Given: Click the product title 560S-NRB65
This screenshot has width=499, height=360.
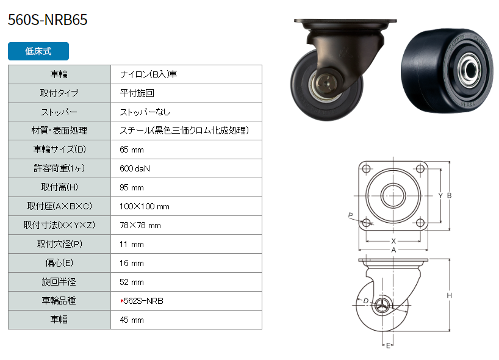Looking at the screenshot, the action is (48, 20).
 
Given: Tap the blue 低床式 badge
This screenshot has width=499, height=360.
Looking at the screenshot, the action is (38, 51).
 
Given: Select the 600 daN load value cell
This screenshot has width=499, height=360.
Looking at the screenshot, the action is (135, 168).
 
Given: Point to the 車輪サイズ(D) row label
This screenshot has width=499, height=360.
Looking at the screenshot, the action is (60, 149).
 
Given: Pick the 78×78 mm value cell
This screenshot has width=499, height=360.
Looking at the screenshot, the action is (140, 225).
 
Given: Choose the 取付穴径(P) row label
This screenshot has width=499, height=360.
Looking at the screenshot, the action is (60, 244).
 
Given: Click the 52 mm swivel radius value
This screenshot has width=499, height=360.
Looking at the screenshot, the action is (131, 282).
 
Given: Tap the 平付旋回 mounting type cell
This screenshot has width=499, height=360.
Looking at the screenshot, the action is (137, 93).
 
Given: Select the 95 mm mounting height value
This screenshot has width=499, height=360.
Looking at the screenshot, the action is (131, 187).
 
